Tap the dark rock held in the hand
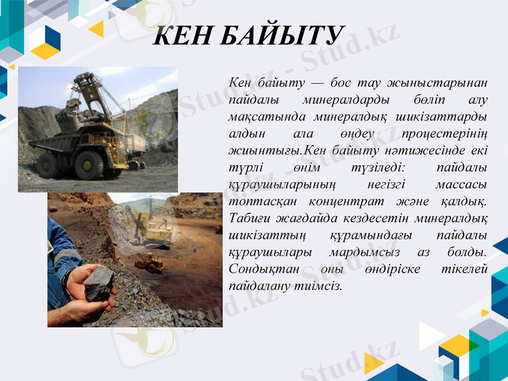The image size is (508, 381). coord(99,283)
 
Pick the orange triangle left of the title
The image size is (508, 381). coord(97,29)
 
